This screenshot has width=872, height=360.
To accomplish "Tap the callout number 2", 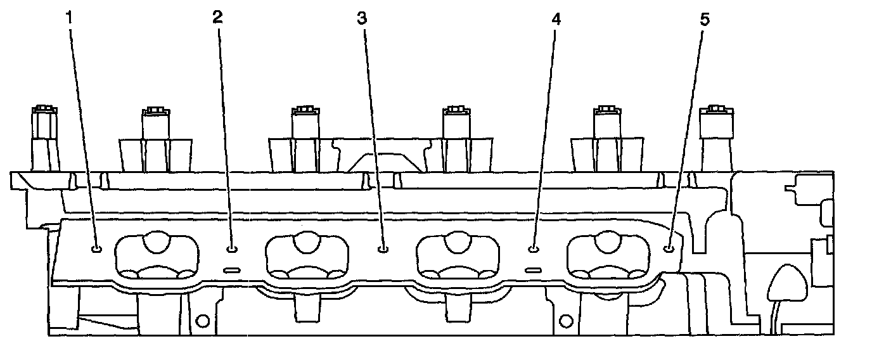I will [217, 18].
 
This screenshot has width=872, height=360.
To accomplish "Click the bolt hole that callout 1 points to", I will [96, 248].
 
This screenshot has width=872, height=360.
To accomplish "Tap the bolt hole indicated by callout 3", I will [382, 248].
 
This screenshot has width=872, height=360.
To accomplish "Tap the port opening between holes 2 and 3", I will [307, 256].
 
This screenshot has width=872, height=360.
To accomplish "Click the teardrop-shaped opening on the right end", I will [786, 282].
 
